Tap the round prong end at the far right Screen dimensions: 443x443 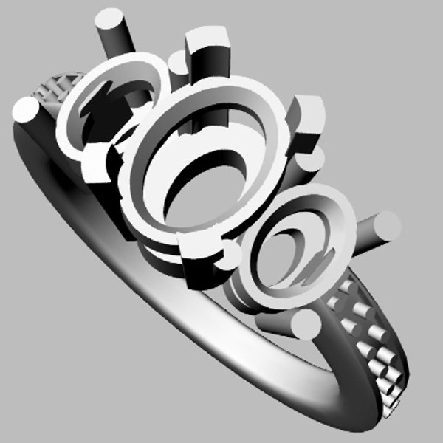click(386, 225)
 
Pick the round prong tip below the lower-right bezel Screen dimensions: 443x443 click(304, 325)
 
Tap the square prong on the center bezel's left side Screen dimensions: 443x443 click(96, 162)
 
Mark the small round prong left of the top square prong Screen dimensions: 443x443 click(177, 63)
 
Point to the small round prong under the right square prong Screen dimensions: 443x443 click(314, 159)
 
